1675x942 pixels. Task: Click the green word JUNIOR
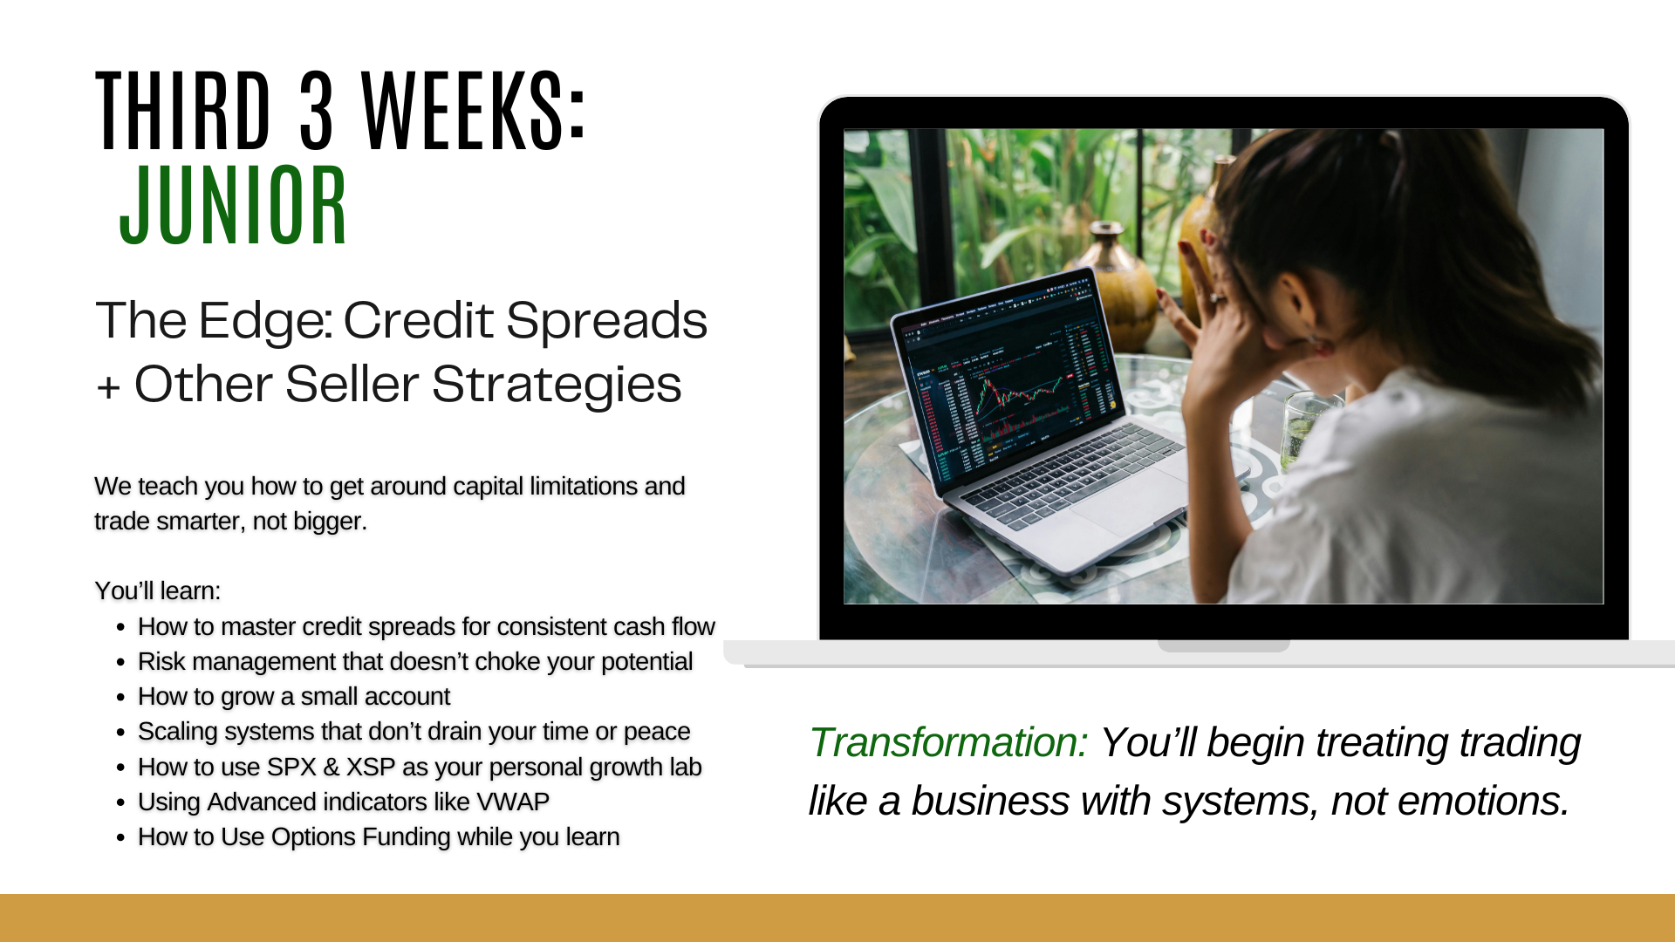pos(234,206)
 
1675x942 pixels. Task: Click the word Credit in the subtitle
pos(418,320)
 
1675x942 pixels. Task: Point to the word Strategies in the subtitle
pos(557,385)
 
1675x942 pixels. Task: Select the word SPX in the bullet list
pos(291,767)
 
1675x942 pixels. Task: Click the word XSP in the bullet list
pos(371,767)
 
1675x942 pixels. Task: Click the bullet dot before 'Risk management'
pos(121,662)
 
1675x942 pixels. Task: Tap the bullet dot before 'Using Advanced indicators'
pos(121,802)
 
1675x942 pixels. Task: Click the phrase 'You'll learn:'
pos(158,590)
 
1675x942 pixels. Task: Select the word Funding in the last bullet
pos(406,836)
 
